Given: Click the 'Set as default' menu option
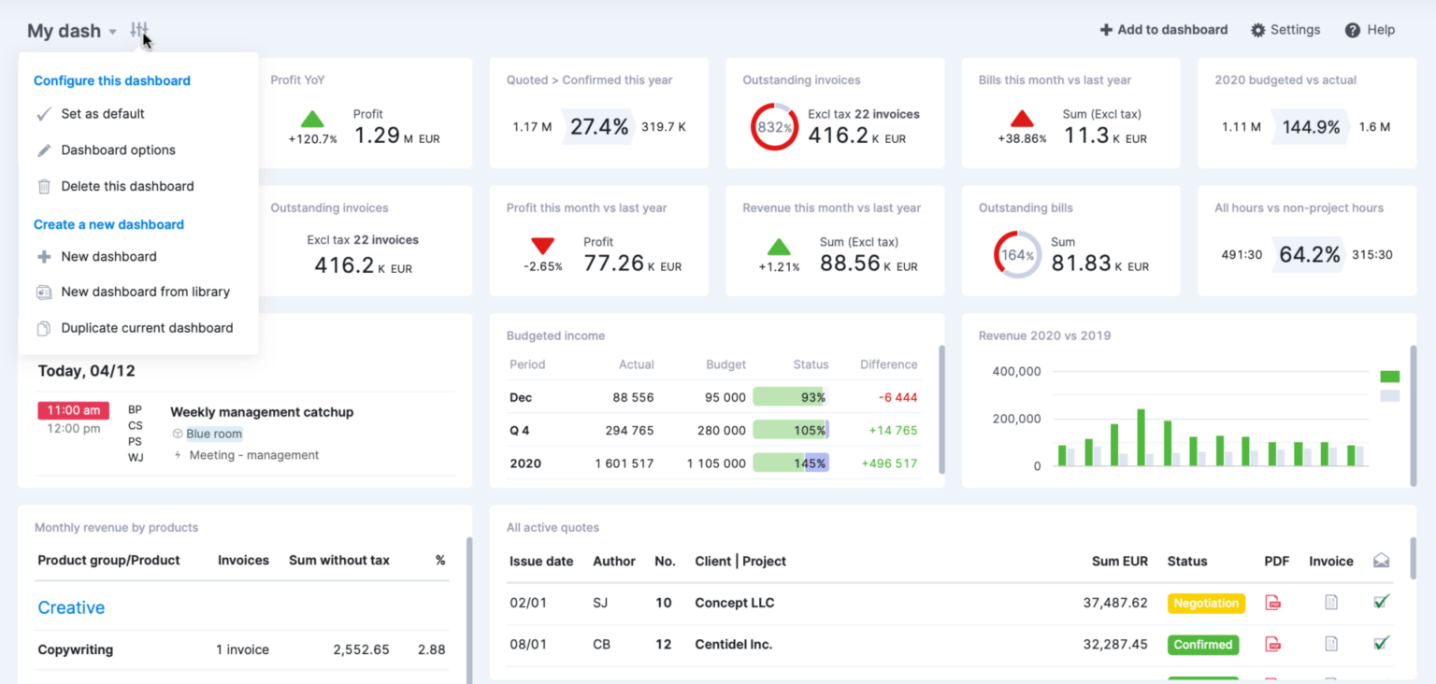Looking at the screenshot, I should click(102, 114).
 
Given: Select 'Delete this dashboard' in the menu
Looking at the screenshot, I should click(127, 186).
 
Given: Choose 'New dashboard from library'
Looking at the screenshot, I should click(145, 292).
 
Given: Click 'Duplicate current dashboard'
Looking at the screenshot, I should click(147, 328).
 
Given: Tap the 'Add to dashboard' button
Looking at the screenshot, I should click(1163, 30).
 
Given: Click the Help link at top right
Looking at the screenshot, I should click(1370, 30).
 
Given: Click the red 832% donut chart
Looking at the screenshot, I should click(774, 127).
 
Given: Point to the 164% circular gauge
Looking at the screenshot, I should click(1016, 254).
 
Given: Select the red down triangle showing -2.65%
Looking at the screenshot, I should click(543, 246).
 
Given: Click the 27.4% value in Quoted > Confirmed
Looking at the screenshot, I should click(598, 127).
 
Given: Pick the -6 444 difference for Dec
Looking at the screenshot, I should click(897, 397).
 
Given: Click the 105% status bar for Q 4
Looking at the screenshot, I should click(790, 430).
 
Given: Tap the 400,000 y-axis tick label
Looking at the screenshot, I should click(1016, 371).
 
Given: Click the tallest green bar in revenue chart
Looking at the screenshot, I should click(1141, 436).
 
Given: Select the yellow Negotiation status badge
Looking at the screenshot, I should click(1205, 603).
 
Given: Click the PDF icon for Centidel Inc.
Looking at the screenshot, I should click(1272, 644).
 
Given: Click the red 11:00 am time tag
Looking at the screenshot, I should click(73, 410).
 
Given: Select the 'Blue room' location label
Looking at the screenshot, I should click(213, 434).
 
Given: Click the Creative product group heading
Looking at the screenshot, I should click(71, 607).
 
